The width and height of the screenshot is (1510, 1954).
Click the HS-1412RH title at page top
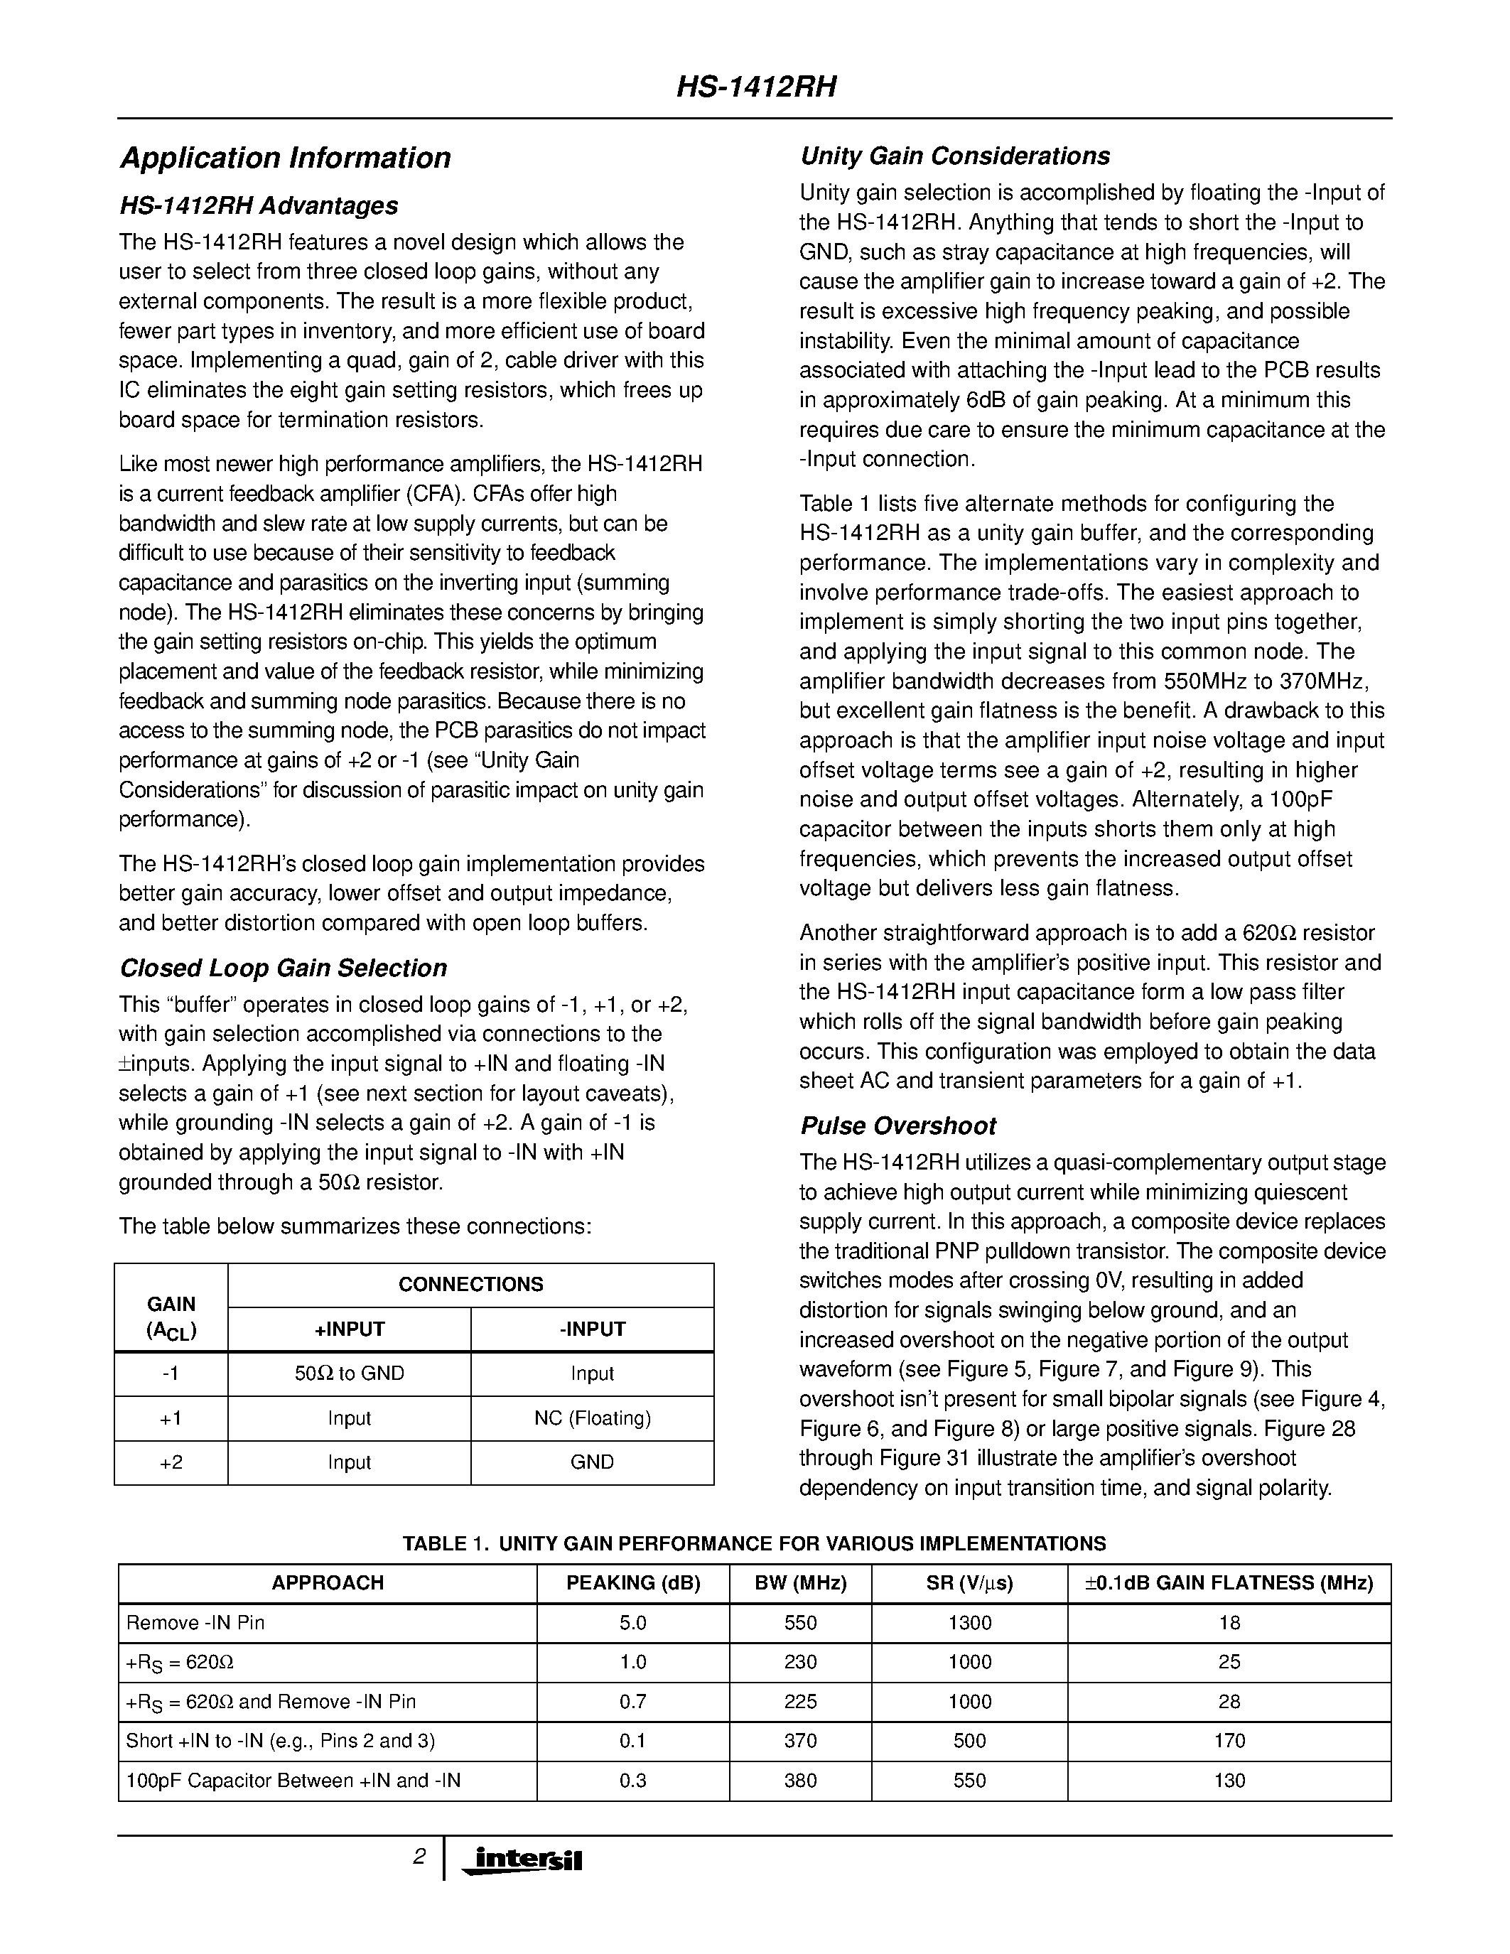click(755, 87)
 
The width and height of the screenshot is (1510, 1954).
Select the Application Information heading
click(286, 158)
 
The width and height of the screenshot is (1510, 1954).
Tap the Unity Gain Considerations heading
click(954, 156)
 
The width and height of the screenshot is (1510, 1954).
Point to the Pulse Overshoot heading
click(897, 1126)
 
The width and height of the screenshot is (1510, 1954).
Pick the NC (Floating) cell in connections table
click(592, 1418)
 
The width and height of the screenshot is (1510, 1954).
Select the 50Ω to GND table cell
click(349, 1373)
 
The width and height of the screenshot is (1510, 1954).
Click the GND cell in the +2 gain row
click(592, 1462)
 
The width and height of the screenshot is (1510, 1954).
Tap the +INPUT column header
click(349, 1329)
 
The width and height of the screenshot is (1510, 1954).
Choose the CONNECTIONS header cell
click(470, 1285)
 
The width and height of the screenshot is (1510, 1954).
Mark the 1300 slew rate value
click(970, 1623)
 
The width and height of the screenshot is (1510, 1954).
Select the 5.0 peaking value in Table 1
click(632, 1623)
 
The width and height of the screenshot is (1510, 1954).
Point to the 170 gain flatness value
click(1229, 1741)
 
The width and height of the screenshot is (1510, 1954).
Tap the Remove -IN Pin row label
click(196, 1623)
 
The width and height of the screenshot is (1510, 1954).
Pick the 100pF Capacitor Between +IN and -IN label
click(293, 1781)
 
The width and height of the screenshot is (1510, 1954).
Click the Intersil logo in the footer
click(522, 1861)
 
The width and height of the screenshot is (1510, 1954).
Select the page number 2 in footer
click(419, 1857)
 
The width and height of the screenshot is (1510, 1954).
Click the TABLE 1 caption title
click(754, 1543)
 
